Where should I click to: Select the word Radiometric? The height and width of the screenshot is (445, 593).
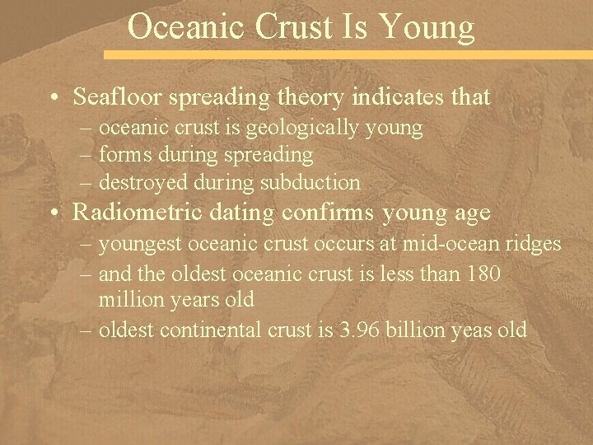tap(133, 213)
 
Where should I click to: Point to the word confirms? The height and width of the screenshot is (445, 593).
tap(331, 213)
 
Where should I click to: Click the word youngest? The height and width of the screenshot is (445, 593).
tap(140, 245)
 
